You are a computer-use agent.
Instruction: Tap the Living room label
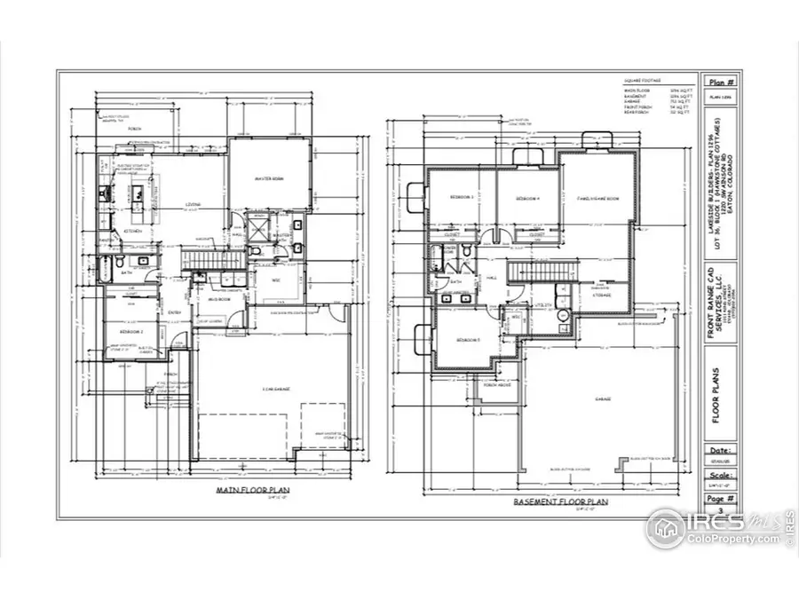[193, 205]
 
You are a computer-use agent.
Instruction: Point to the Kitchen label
[134, 231]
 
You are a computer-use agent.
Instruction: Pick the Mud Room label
[218, 299]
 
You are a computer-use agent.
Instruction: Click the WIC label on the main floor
[274, 278]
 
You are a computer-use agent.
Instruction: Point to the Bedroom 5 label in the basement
[468, 340]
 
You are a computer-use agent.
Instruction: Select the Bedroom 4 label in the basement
[528, 199]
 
